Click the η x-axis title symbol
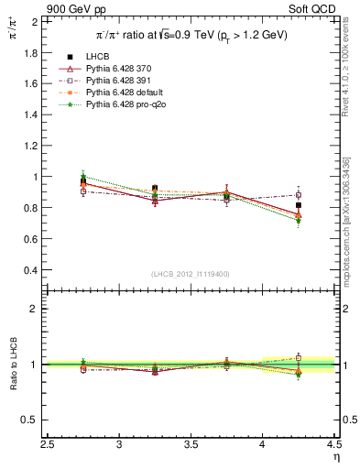(x=335, y=457)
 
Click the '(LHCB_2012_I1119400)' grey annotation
(x=191, y=274)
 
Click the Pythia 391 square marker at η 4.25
(x=298, y=194)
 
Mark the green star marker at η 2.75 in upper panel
(x=83, y=175)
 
